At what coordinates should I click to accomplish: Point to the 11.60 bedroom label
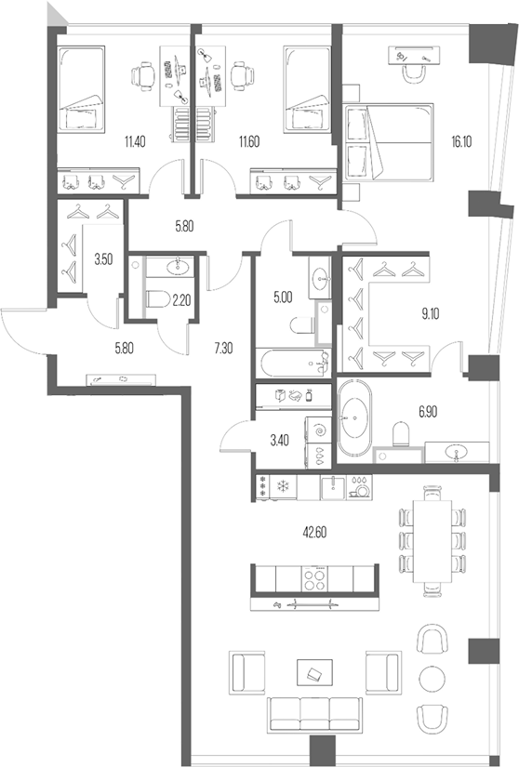pos(249,141)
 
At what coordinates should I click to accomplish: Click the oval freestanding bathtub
pos(353,419)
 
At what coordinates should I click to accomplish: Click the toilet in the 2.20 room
pos(156,299)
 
